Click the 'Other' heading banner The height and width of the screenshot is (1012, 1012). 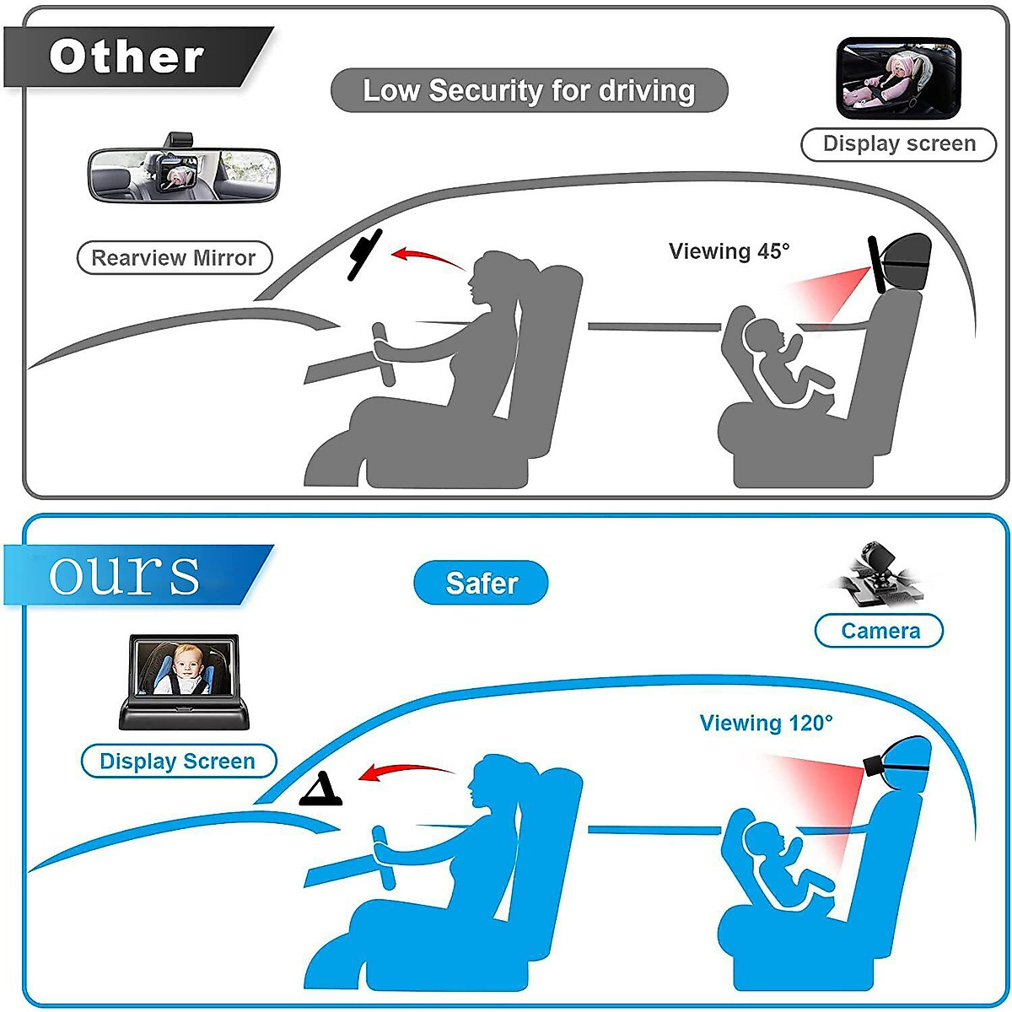pyautogui.click(x=126, y=57)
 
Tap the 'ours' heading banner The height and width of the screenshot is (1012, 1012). pyautogui.click(x=125, y=575)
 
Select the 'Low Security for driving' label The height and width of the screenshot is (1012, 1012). pyautogui.click(x=529, y=90)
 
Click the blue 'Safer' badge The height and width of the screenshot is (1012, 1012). pyautogui.click(x=481, y=583)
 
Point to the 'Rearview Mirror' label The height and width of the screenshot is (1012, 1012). pyautogui.click(x=174, y=258)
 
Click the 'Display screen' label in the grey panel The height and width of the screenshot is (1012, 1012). pyautogui.click(x=898, y=143)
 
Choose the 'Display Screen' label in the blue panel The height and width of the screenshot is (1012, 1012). pyautogui.click(x=178, y=762)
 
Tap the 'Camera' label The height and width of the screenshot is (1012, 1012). pyautogui.click(x=880, y=631)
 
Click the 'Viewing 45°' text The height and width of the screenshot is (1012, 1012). pyautogui.click(x=729, y=251)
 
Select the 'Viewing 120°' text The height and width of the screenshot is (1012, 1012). pyautogui.click(x=766, y=723)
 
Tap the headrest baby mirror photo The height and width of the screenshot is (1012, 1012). pyautogui.click(x=898, y=78)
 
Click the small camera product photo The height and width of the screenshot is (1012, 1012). pyautogui.click(x=877, y=577)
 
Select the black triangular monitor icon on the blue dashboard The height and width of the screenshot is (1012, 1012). pyautogui.click(x=321, y=789)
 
